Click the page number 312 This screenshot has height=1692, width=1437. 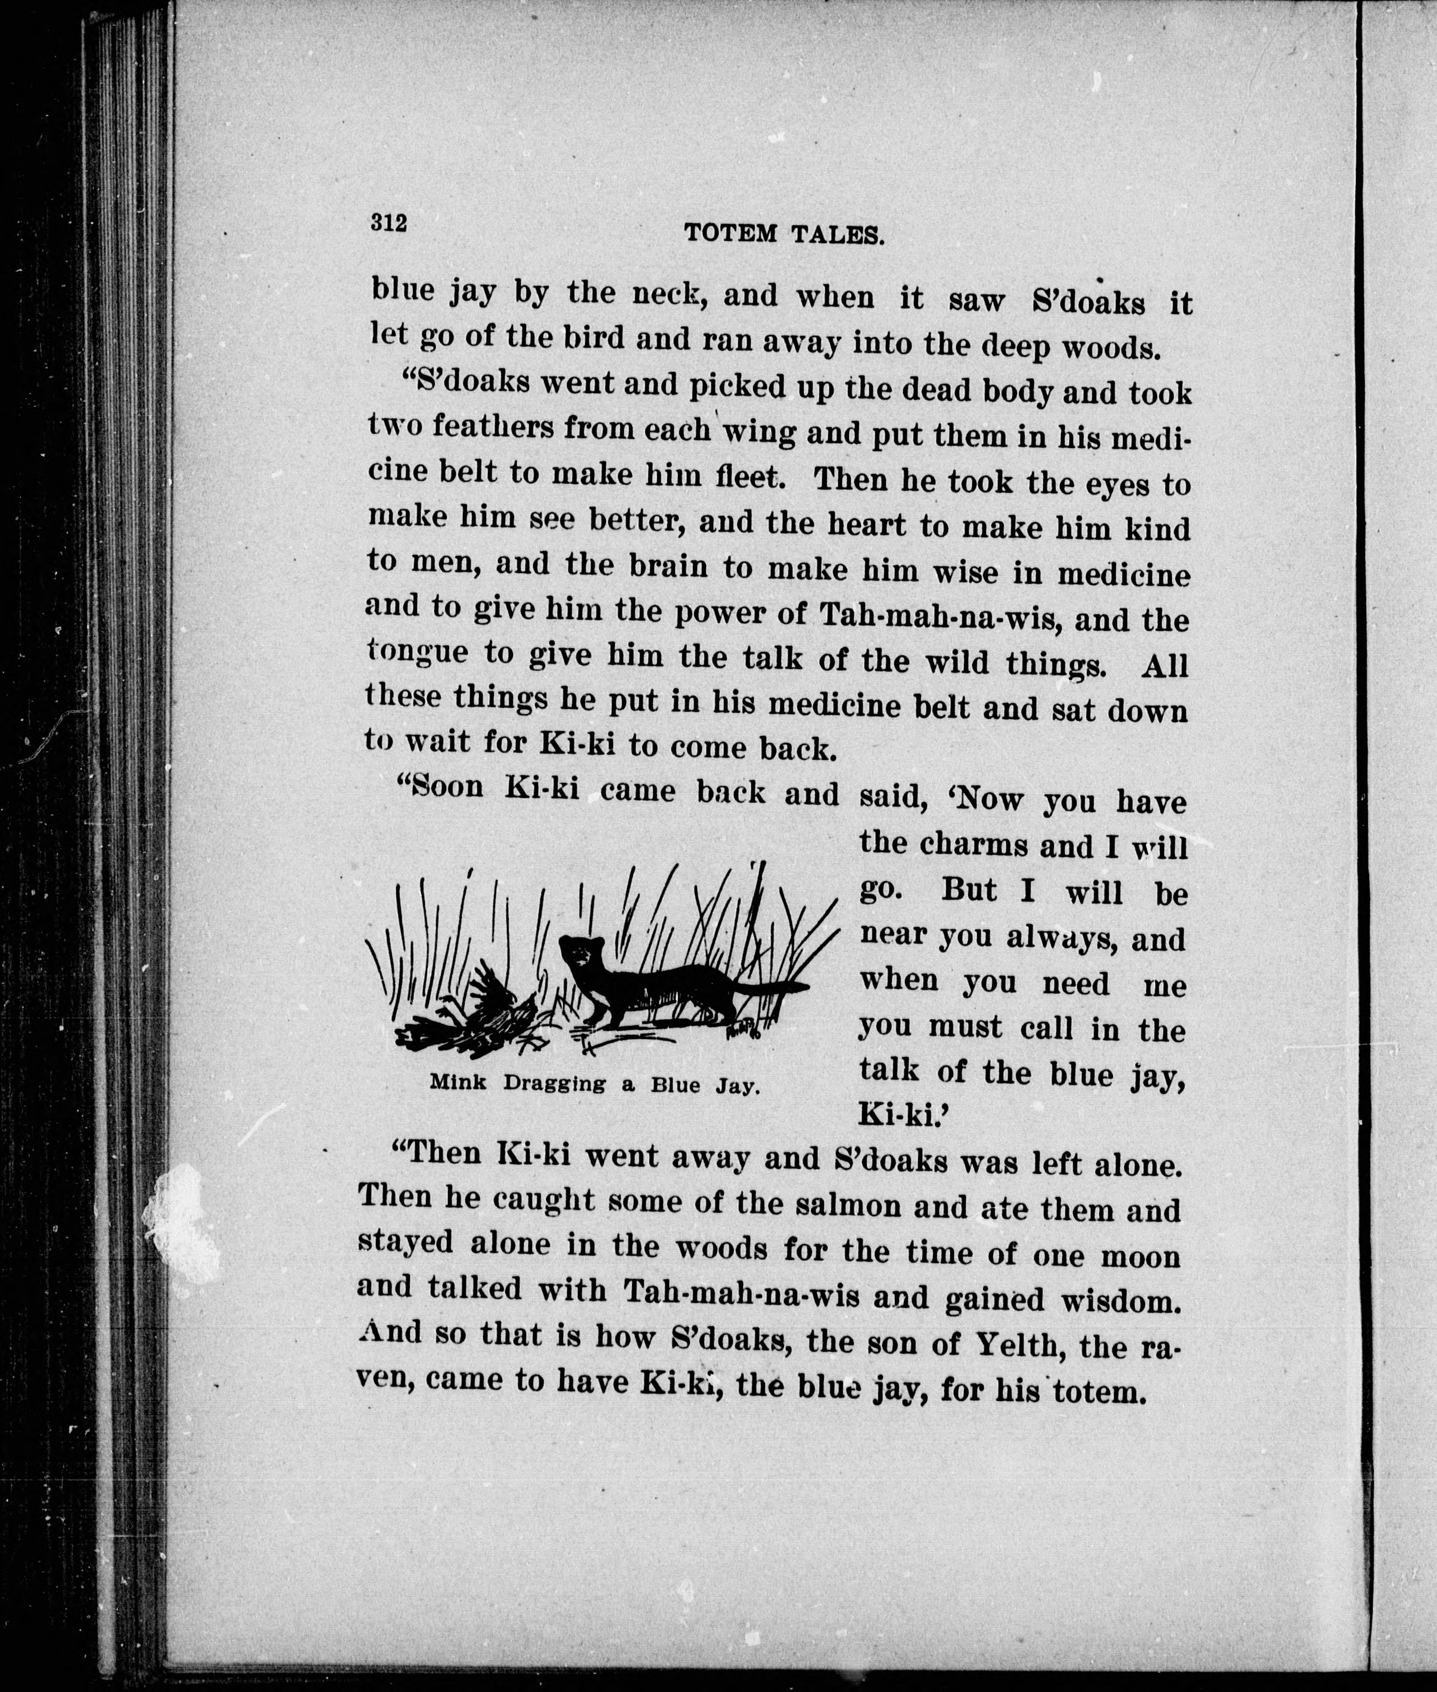tap(388, 222)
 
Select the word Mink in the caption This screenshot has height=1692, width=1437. tap(457, 1083)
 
